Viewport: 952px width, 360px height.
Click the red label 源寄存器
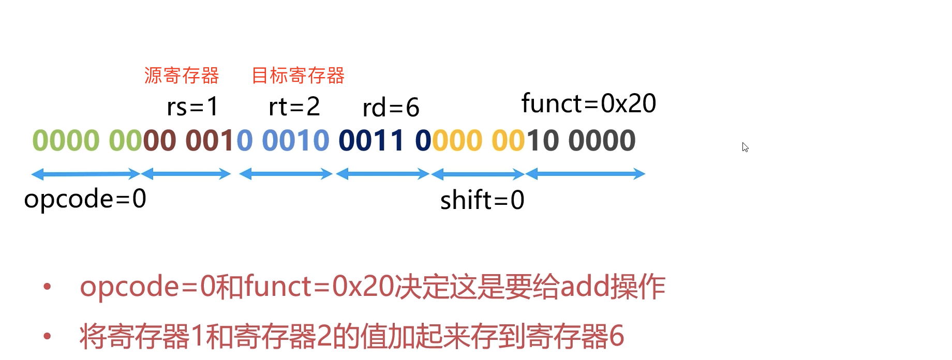pos(182,76)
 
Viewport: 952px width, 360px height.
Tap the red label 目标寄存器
pos(298,76)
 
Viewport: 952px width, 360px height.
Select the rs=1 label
pos(192,107)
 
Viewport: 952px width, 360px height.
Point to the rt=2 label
pos(294,107)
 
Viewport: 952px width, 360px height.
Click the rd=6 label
pos(391,108)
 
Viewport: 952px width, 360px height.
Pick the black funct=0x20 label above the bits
pos(589,103)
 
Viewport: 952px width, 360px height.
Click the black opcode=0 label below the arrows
pos(85,199)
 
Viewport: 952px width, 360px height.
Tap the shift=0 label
pos(482,200)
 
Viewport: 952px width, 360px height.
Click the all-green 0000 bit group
pos(66,141)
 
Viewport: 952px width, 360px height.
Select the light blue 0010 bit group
pos(295,141)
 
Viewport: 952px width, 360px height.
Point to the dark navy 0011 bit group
pos(371,141)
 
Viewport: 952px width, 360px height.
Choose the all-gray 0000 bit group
pos(602,141)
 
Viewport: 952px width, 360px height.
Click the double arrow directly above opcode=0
pos(86,174)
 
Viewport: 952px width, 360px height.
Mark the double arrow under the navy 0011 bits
pos(383,174)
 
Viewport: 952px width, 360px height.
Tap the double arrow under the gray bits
pos(585,174)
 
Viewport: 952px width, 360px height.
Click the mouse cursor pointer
pos(745,147)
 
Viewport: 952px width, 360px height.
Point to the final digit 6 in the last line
pos(617,336)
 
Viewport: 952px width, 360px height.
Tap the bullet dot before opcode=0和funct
pos(48,287)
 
